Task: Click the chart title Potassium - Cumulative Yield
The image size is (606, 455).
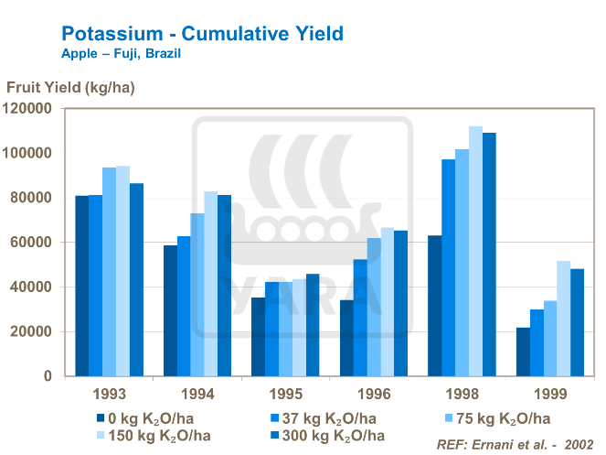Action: pos(202,34)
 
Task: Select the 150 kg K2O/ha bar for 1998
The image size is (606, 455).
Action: pos(475,251)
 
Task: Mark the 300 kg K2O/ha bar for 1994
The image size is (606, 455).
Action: pos(225,285)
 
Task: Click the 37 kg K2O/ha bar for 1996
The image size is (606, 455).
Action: pos(360,317)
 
